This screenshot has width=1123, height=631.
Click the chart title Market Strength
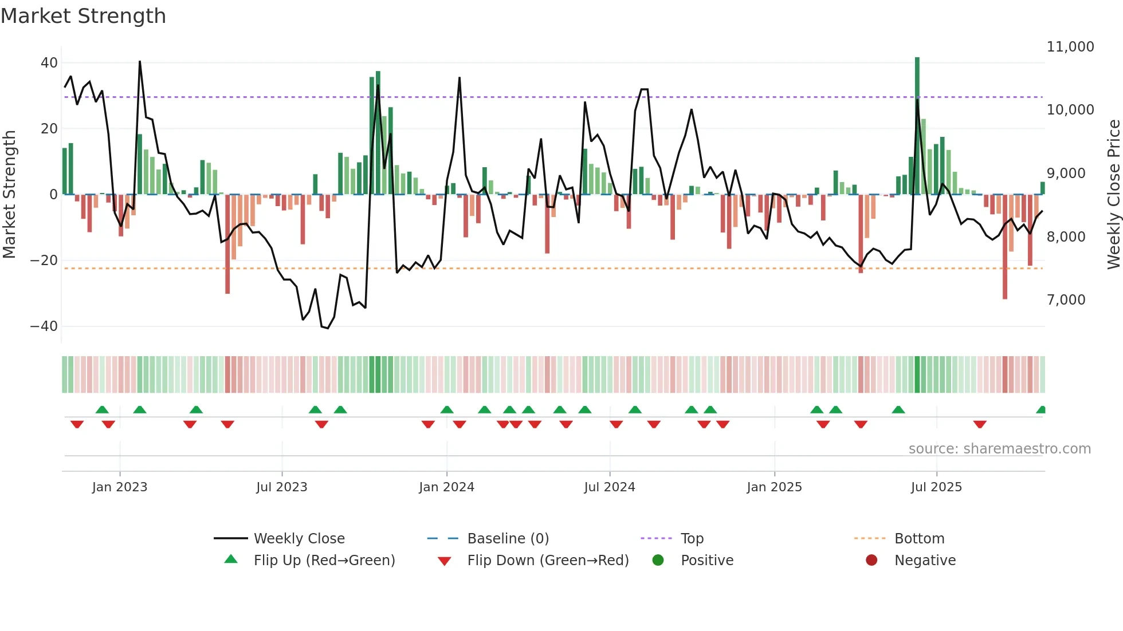click(x=84, y=16)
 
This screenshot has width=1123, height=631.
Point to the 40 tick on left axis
click(x=49, y=63)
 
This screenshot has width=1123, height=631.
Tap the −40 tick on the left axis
click(x=44, y=326)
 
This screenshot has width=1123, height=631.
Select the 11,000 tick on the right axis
click(x=1070, y=47)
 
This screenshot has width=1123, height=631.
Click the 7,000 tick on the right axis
click(x=1066, y=300)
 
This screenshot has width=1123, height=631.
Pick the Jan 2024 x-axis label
click(x=446, y=487)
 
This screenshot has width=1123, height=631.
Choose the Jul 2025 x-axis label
click(x=936, y=487)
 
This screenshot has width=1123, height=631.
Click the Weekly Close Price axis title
click(x=1113, y=195)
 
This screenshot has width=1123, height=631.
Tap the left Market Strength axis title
click(x=9, y=195)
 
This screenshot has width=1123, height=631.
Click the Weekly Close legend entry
click(x=299, y=539)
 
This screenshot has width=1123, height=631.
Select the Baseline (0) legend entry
click(x=508, y=539)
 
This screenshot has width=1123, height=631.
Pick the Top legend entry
click(x=692, y=539)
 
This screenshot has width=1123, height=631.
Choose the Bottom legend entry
click(x=919, y=539)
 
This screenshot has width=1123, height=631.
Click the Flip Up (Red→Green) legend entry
click(x=324, y=561)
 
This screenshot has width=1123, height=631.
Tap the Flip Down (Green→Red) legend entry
click(x=548, y=561)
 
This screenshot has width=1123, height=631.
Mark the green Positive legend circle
click(x=658, y=561)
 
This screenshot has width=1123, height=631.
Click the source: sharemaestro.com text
click(x=999, y=449)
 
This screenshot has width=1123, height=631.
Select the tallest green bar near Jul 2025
click(x=917, y=126)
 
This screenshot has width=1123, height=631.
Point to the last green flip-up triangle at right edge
click(x=1041, y=409)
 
